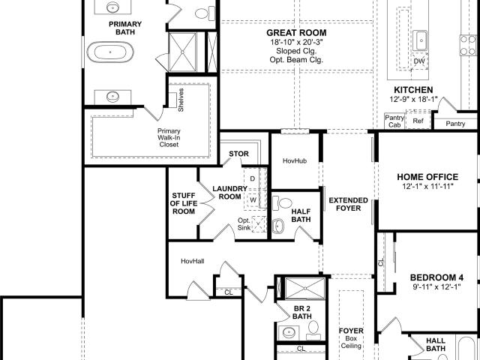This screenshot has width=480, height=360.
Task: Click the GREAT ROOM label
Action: (x=296, y=33)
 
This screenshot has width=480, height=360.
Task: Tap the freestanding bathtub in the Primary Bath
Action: (x=110, y=52)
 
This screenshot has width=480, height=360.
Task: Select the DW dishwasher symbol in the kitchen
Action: (x=419, y=61)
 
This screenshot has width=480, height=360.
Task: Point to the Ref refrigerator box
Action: (x=418, y=121)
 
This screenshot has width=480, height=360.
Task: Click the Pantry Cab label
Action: (x=394, y=121)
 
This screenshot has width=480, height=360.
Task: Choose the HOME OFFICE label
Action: (x=427, y=177)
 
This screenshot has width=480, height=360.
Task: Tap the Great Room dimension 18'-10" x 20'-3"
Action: (x=296, y=42)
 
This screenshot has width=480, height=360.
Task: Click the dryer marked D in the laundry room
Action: (x=253, y=178)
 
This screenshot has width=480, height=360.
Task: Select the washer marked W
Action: (x=253, y=200)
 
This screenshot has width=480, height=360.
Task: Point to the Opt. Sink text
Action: (x=244, y=224)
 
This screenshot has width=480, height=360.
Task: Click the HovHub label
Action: (x=295, y=160)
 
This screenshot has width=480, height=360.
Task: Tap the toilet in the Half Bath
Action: (x=282, y=203)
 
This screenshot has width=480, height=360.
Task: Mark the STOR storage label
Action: (x=238, y=154)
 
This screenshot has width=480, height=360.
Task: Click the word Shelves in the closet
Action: (x=181, y=100)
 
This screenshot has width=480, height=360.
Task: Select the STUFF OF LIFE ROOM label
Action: (x=183, y=203)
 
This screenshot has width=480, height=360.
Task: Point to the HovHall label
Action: (x=193, y=261)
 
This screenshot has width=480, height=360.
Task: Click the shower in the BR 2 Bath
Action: (x=305, y=288)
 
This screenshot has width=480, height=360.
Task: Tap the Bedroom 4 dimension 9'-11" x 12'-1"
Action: (x=436, y=286)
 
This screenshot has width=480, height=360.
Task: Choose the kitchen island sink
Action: (x=420, y=40)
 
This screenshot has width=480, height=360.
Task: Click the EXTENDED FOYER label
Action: (x=348, y=204)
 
